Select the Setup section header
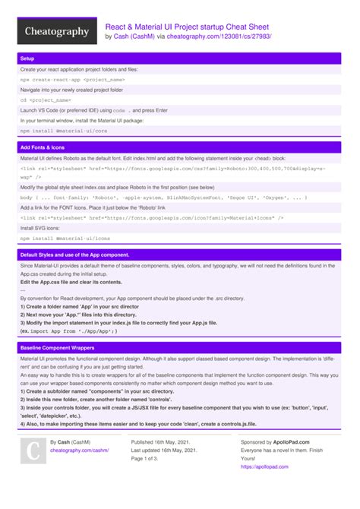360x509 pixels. pos(28,58)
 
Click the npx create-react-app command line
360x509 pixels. pos(72,79)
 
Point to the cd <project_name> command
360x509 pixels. pos(46,100)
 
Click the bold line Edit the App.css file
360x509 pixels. pos(66,282)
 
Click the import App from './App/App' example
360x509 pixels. pos(68,331)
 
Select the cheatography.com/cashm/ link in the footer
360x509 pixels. pos(79,450)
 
